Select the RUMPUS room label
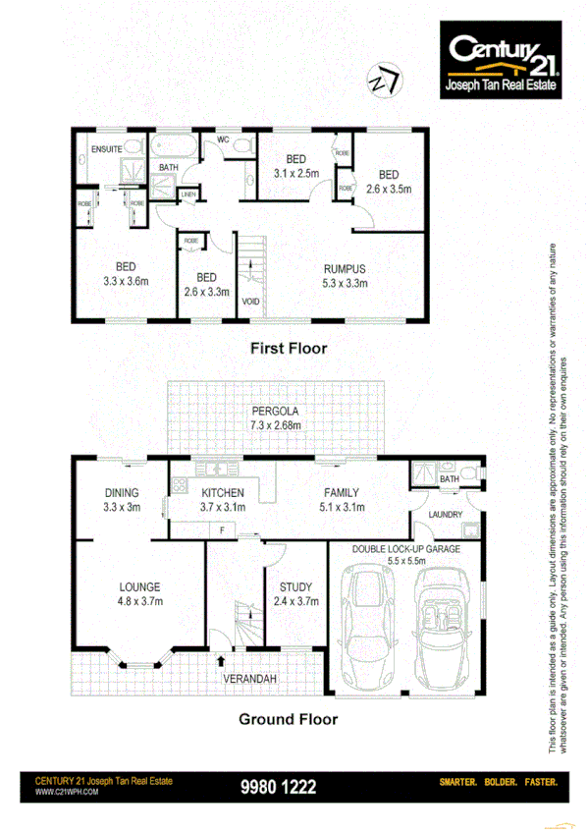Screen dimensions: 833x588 [345, 268]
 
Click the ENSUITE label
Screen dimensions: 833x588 [106, 148]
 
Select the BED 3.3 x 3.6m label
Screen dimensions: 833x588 [125, 266]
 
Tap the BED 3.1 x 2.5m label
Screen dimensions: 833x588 [295, 159]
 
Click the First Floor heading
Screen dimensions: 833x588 [288, 348]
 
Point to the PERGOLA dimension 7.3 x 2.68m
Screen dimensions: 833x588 [274, 425]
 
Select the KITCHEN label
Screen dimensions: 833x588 [222, 493]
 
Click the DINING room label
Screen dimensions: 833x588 [123, 493]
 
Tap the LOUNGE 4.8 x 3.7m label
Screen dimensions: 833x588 [140, 586]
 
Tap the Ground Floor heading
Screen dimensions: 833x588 [288, 718]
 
